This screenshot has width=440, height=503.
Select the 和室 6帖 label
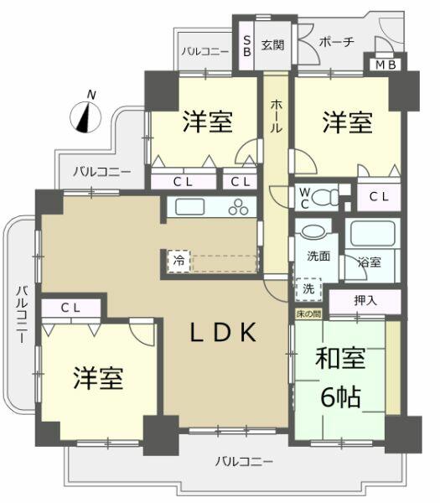click(339, 379)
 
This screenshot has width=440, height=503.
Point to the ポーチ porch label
click(337, 42)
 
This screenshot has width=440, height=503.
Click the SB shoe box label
click(246, 44)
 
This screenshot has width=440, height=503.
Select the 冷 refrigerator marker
click(179, 261)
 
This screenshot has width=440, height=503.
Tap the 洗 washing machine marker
click(308, 288)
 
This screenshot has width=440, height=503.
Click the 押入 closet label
click(365, 298)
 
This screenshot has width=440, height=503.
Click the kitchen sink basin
click(185, 207)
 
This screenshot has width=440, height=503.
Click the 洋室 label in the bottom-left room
click(97, 378)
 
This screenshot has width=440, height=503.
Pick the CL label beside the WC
click(379, 197)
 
